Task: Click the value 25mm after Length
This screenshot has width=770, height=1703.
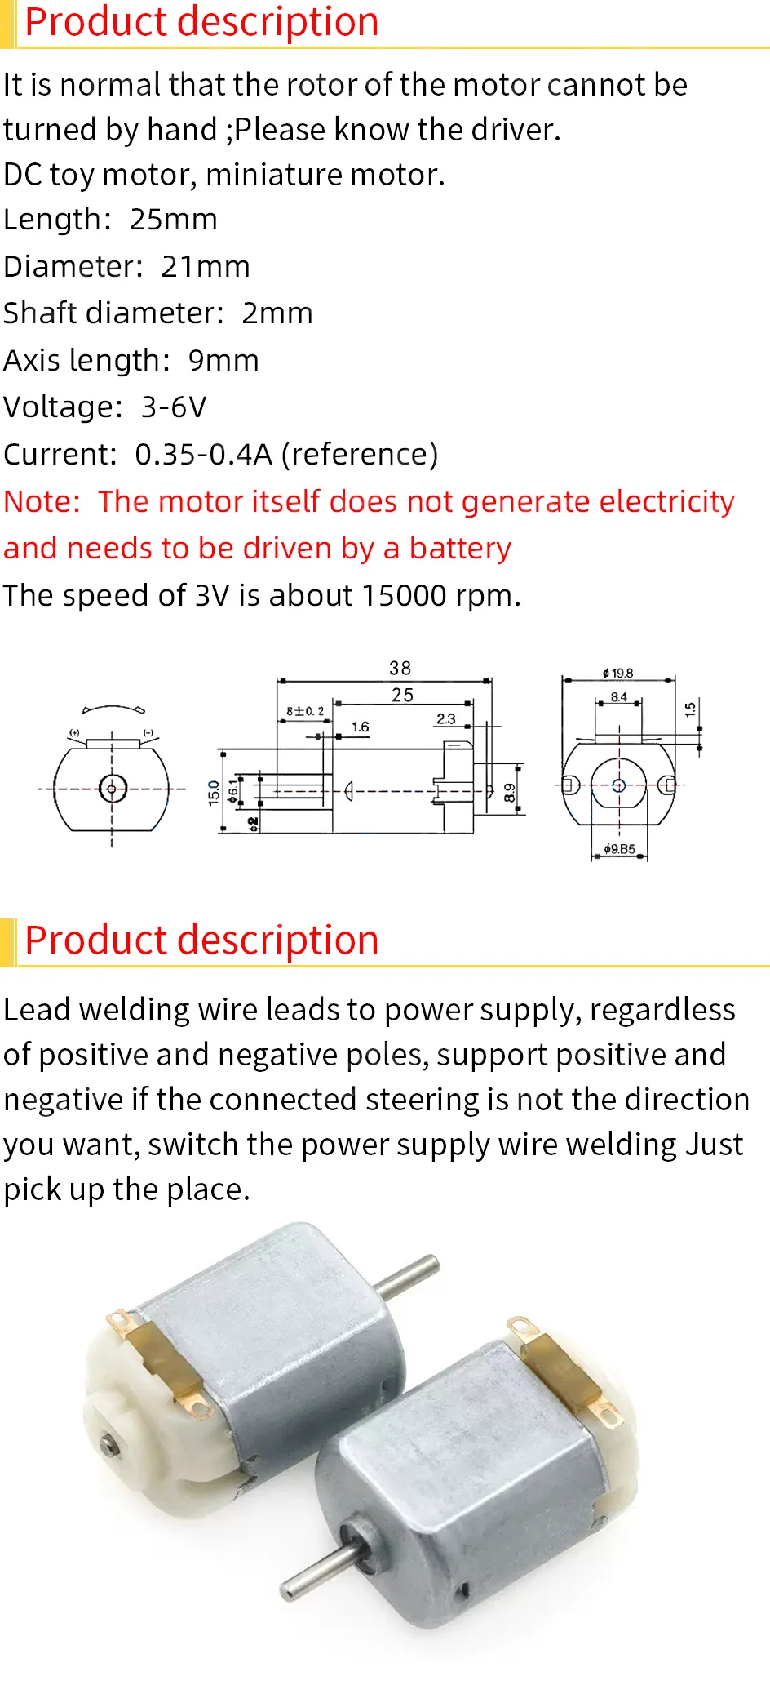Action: (x=173, y=220)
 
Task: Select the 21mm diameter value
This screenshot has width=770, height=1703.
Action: (x=206, y=267)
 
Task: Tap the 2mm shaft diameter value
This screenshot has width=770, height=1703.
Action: (x=277, y=313)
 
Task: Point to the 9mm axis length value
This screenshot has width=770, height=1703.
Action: (x=223, y=361)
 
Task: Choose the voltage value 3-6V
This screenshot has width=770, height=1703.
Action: (x=174, y=407)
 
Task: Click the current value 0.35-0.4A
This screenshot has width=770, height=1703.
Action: (x=204, y=455)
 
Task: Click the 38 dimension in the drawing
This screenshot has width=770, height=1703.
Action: (x=400, y=669)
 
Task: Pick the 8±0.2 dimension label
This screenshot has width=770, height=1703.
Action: (x=305, y=711)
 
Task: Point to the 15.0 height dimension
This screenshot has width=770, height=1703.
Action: (x=214, y=793)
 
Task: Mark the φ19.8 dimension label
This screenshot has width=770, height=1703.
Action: (x=617, y=674)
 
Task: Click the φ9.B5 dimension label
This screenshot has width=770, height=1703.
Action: (x=619, y=849)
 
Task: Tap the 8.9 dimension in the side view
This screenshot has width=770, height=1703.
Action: (x=510, y=793)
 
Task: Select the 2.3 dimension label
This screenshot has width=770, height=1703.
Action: (x=445, y=719)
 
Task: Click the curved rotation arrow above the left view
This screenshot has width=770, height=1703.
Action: (x=113, y=709)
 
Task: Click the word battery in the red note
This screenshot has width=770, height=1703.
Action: (x=460, y=549)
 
